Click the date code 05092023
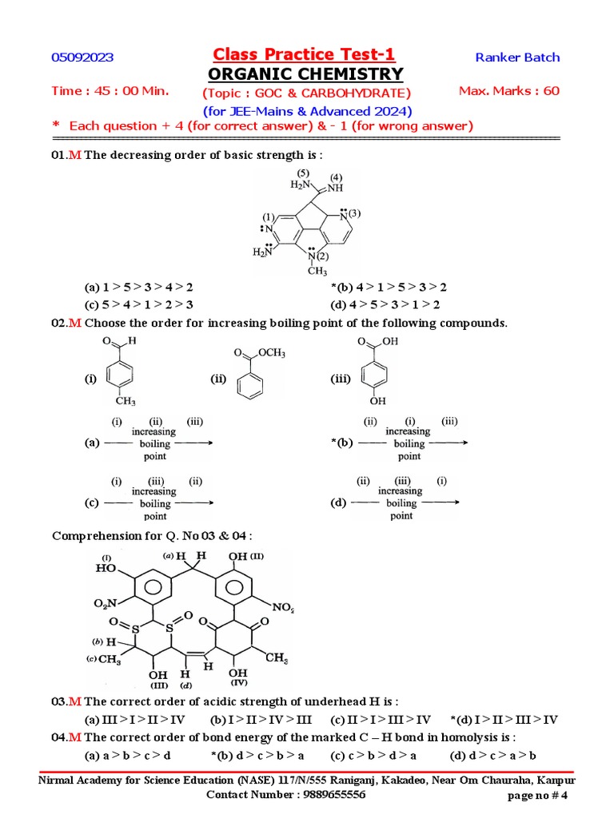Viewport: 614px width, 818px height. click(82, 58)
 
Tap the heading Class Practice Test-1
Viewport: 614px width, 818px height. click(304, 54)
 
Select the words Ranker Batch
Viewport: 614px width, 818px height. click(517, 58)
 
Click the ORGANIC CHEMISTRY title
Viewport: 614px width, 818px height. click(305, 74)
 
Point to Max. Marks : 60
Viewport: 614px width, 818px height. click(509, 91)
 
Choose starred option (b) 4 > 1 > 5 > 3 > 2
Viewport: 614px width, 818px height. click(389, 288)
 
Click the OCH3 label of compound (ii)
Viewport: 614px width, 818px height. click(271, 353)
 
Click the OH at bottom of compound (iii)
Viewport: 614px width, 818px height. click(377, 401)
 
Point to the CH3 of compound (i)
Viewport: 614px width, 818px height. click(126, 400)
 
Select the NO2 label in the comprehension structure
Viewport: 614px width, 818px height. click(282, 608)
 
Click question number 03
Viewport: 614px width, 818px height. click(59, 701)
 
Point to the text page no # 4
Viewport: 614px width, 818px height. click(537, 796)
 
